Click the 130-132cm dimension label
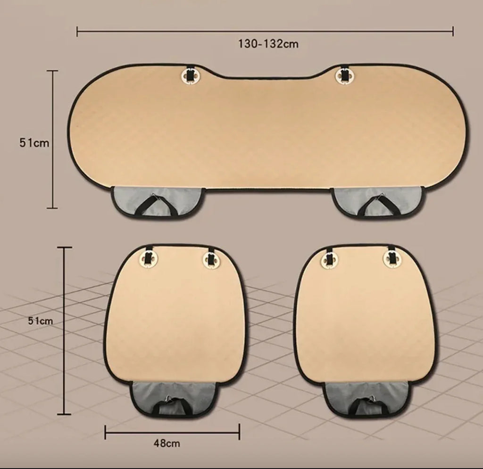pyautogui.click(x=268, y=44)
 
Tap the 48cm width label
pyautogui.click(x=167, y=444)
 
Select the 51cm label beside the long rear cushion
pyautogui.click(x=34, y=143)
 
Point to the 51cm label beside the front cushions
pyautogui.click(x=41, y=321)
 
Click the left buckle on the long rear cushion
pyautogui.click(x=190, y=75)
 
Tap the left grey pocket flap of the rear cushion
pyautogui.click(x=158, y=202)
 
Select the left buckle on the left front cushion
pyautogui.click(x=149, y=259)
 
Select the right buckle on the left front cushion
pyautogui.click(x=211, y=259)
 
